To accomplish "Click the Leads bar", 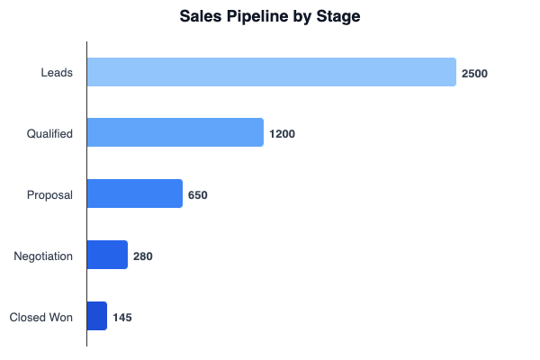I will (x=271, y=72).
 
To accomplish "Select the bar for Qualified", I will (x=175, y=133).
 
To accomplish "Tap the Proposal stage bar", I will (x=135, y=194).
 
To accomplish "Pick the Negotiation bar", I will (x=107, y=256).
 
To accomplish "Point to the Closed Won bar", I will (x=97, y=316).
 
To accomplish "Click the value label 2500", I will (x=474, y=73).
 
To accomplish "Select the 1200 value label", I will (x=282, y=134).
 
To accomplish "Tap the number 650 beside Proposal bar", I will (x=197, y=195).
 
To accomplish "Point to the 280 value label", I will (x=142, y=256).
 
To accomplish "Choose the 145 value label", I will (x=122, y=317).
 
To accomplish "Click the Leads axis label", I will (x=57, y=73).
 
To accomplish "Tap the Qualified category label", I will (x=49, y=134).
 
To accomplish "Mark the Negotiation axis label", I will (x=43, y=256).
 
